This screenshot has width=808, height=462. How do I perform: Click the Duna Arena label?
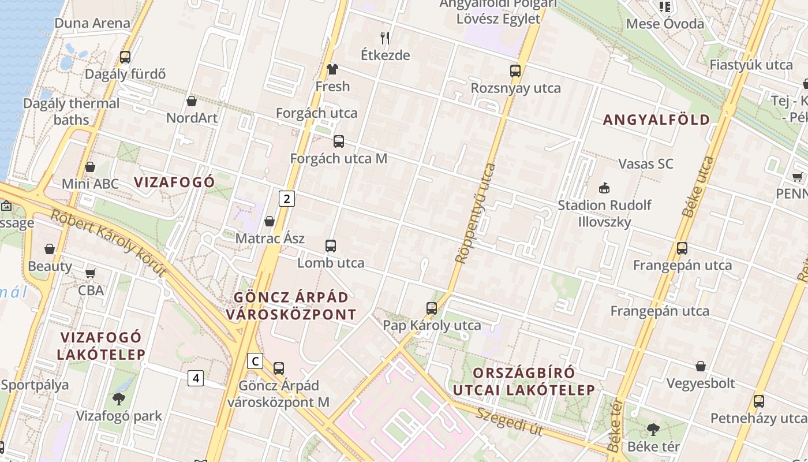click(x=92, y=24)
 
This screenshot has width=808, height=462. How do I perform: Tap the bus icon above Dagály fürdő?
click(x=125, y=57)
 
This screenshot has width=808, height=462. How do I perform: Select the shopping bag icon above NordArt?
click(x=192, y=101)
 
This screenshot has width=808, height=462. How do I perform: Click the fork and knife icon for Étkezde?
click(x=385, y=38)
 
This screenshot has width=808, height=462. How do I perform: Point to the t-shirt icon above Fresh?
click(x=332, y=69)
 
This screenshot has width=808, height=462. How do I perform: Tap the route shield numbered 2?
click(x=287, y=199)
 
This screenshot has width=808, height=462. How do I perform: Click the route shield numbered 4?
click(x=196, y=378)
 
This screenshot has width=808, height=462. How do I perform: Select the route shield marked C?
click(x=255, y=362)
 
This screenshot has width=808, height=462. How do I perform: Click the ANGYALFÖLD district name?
click(x=656, y=120)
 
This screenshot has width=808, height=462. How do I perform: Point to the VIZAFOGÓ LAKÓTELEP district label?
click(x=102, y=345)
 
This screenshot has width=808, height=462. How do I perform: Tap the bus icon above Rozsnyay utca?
click(x=515, y=71)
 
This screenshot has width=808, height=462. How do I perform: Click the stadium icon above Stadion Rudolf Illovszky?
click(x=604, y=188)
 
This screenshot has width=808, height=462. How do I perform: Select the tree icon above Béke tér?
click(x=653, y=429)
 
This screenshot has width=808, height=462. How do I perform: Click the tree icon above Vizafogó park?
click(x=119, y=398)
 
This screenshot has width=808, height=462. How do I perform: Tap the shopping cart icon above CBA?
click(x=91, y=273)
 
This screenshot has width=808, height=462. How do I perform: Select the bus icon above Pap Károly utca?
click(x=432, y=308)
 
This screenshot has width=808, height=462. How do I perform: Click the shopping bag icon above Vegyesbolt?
click(x=701, y=366)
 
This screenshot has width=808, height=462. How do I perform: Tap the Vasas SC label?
click(x=645, y=164)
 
